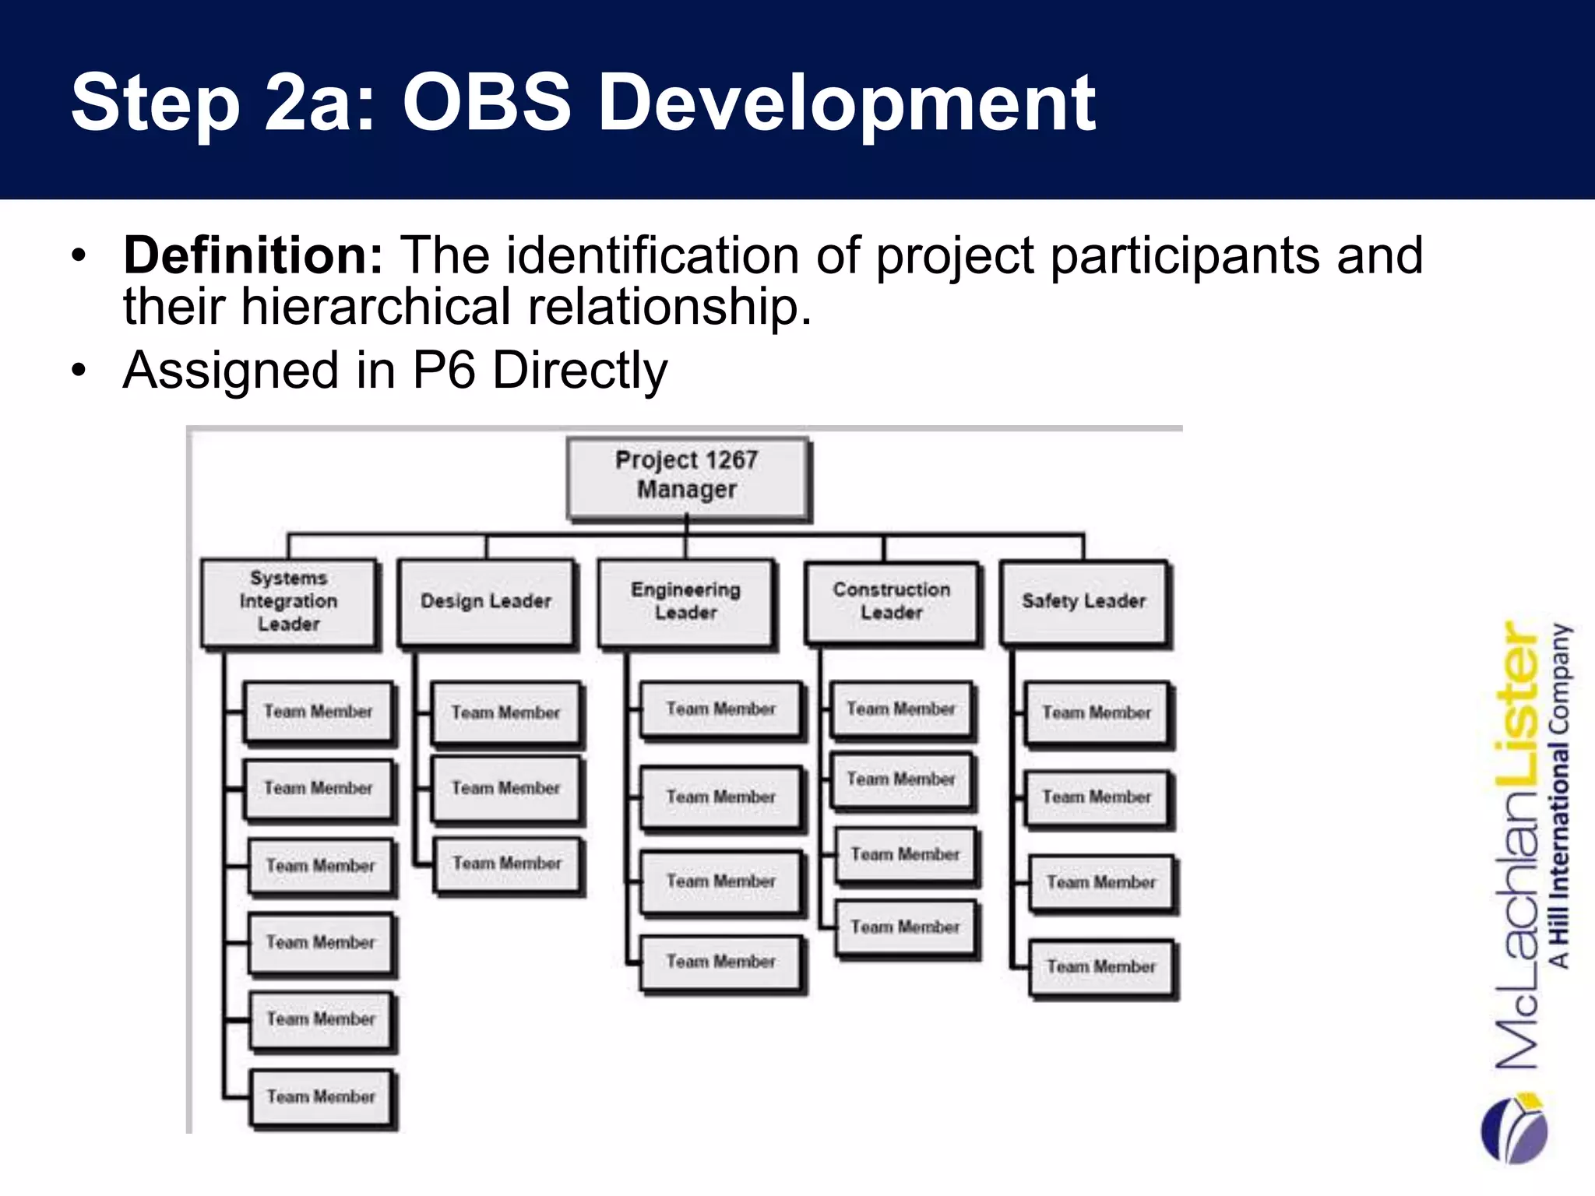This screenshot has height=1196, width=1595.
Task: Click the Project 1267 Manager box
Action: pyautogui.click(x=687, y=476)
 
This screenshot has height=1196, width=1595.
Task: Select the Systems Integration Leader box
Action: pyautogui.click(x=289, y=602)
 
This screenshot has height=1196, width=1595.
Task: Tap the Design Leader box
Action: pyautogui.click(x=486, y=602)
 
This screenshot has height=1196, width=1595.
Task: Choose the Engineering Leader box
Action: pyautogui.click(x=686, y=602)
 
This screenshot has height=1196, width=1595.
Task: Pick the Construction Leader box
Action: pyautogui.click(x=892, y=602)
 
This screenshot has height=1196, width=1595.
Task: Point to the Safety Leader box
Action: pyautogui.click(x=1084, y=602)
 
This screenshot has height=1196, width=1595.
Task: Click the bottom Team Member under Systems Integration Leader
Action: pyautogui.click(x=321, y=1097)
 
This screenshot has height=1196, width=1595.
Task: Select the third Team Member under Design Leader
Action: pyautogui.click(x=507, y=864)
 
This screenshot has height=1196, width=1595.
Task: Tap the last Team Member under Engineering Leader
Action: pyautogui.click(x=721, y=962)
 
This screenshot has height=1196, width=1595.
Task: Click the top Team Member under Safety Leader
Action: pyautogui.click(x=1097, y=713)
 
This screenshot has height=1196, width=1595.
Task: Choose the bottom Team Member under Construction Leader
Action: pyautogui.click(x=905, y=927)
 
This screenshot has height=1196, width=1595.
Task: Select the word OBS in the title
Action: pyautogui.click(x=487, y=102)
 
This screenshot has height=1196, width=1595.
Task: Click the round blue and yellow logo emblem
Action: pyautogui.click(x=1515, y=1129)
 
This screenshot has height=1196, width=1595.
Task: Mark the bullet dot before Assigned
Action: pyautogui.click(x=78, y=371)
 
